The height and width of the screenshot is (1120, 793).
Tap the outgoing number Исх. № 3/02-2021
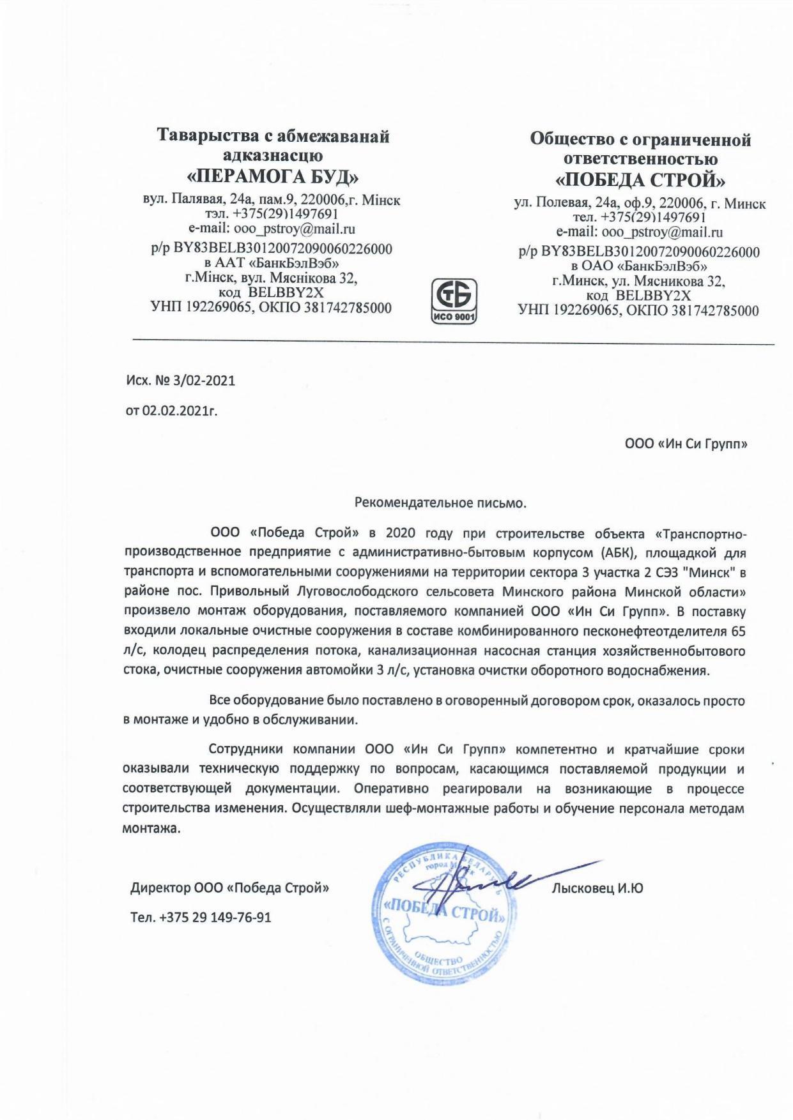(180, 381)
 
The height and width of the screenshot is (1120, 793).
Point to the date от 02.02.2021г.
(171, 412)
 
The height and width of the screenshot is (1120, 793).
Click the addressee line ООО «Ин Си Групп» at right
(686, 443)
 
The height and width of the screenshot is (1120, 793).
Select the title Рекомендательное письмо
(440, 502)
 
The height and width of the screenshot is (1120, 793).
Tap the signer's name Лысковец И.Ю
(597, 888)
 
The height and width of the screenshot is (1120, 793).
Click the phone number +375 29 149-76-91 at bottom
(215, 918)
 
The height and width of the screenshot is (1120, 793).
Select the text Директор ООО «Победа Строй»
(230, 888)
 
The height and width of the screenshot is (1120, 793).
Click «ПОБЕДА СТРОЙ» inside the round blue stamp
(444, 911)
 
